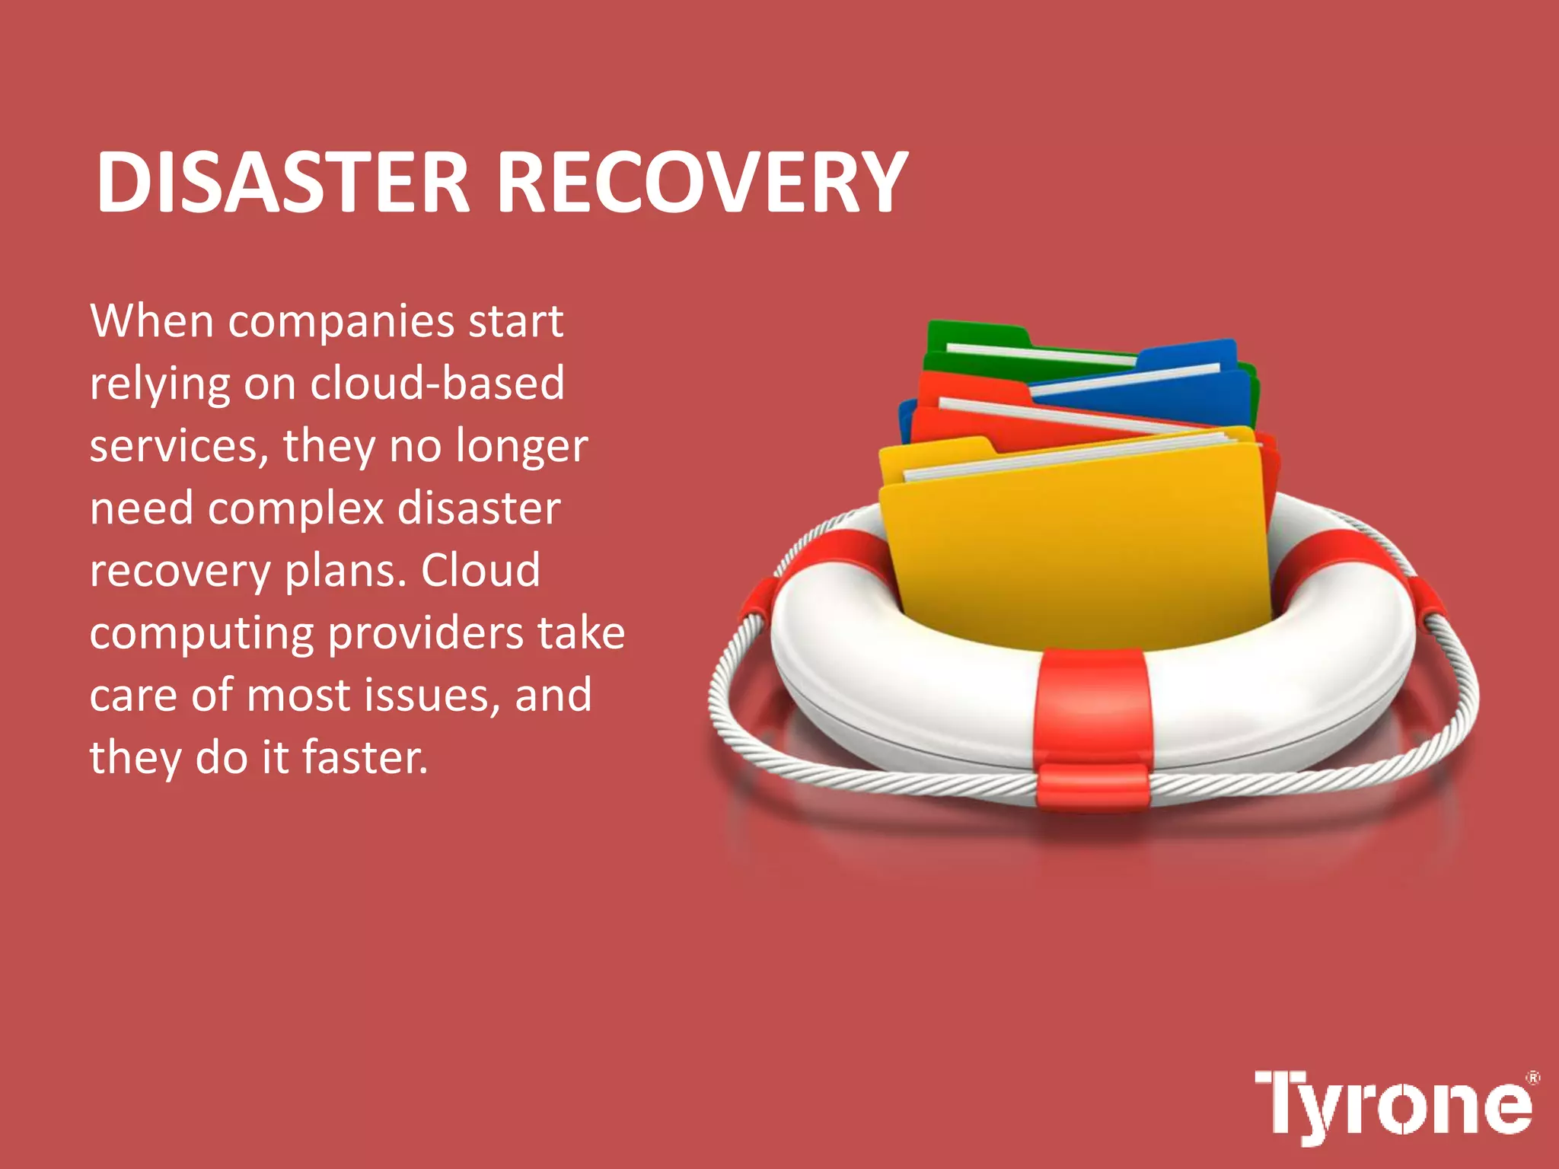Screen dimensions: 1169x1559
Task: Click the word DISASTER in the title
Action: pos(282,183)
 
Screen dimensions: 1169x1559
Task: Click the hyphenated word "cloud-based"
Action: pos(437,383)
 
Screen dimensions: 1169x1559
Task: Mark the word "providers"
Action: pos(426,633)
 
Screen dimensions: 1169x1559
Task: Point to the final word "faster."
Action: pos(365,758)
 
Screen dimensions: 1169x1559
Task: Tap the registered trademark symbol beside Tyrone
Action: pos(1533,1078)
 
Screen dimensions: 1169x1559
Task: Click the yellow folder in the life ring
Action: pos(1073,548)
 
